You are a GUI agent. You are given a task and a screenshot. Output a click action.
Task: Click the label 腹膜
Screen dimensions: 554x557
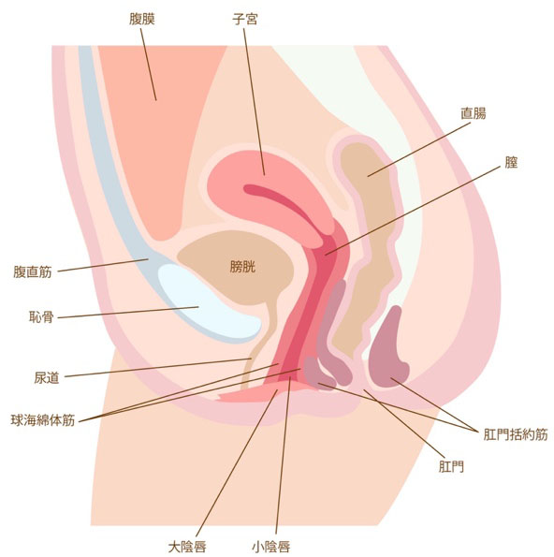141,19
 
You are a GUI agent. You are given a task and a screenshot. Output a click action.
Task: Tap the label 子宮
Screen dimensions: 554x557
244,19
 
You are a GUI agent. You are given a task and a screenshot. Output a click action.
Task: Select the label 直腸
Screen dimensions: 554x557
473,113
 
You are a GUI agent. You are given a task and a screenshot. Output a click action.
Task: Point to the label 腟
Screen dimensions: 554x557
511,162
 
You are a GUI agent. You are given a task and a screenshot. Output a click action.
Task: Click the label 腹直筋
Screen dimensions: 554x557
33,271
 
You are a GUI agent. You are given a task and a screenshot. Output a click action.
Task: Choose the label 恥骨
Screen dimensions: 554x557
41,316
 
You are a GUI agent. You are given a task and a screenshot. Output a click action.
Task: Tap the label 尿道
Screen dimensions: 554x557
47,377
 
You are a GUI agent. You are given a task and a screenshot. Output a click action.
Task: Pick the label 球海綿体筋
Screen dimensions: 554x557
43,420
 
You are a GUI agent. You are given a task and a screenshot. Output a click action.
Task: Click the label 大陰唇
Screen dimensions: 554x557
187,547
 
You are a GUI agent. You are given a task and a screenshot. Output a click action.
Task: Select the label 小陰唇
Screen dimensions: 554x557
271,547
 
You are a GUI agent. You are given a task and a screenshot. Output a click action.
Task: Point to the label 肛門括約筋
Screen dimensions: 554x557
516,434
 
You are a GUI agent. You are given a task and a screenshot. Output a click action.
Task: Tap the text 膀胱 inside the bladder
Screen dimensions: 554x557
243,267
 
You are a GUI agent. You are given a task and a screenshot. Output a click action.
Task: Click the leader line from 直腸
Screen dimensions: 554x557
419,150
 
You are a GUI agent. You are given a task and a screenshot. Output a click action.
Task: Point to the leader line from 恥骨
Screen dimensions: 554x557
128,313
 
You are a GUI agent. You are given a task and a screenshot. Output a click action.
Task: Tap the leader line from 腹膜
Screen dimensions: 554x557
149,65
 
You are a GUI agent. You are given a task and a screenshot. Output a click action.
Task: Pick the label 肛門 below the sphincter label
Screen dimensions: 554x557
451,466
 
